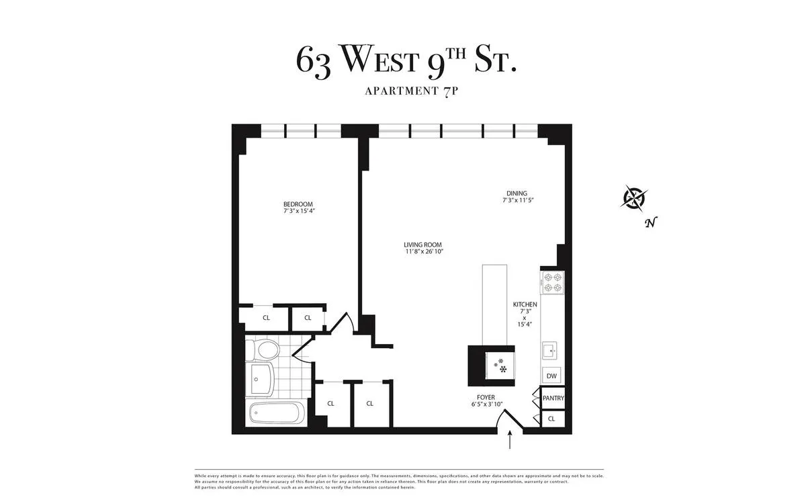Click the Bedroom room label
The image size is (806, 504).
point(298,204)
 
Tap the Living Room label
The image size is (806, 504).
point(423,245)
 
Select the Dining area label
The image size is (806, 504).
point(517,194)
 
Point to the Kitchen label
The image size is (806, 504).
point(525,304)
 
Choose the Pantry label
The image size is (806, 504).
point(553,398)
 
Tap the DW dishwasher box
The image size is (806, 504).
point(552,376)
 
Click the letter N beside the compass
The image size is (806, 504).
point(650,223)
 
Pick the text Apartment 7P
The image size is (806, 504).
point(411,91)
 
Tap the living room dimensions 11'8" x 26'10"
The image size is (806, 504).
point(423,251)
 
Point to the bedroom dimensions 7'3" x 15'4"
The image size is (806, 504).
point(298,211)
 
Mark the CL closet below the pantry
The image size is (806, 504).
point(552,419)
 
